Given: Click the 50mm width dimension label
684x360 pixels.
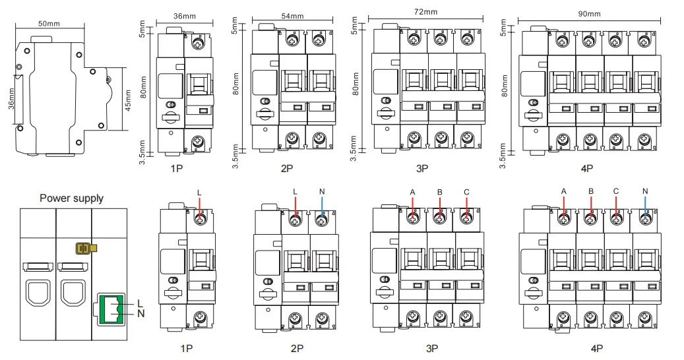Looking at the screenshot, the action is click(49, 24).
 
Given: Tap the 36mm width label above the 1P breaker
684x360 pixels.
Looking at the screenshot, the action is click(185, 16).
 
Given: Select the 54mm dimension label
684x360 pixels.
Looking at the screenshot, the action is click(292, 16).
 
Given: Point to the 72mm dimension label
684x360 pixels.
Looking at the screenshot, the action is click(425, 12).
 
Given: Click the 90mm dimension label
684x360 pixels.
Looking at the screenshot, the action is click(589, 13).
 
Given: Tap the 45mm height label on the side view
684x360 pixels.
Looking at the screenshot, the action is click(128, 100).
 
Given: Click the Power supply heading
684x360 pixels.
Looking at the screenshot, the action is click(71, 198).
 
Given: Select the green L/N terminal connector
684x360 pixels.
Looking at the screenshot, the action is click(110, 309).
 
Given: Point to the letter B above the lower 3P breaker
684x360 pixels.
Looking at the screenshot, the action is click(440, 193).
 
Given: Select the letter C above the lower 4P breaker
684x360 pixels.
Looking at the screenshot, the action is click(616, 191).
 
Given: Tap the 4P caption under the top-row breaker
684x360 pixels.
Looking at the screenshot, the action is click(587, 168).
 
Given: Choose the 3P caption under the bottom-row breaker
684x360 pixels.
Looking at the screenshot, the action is click(432, 349).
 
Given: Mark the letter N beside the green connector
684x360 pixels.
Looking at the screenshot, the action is click(140, 313).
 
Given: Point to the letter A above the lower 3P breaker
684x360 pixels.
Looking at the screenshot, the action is click(413, 193).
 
